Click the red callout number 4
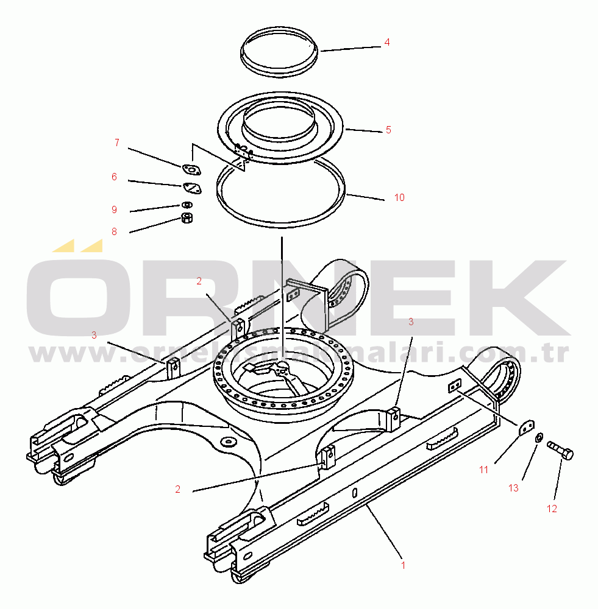387,43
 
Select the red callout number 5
388,130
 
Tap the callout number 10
399,198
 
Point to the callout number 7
117,143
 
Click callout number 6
115,177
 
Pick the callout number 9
115,209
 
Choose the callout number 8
115,232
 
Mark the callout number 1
403,566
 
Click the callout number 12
552,509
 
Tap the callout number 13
513,488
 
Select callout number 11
483,470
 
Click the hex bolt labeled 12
560,450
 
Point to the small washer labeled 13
539,438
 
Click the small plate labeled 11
527,428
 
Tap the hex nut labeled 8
187,218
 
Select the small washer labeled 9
187,204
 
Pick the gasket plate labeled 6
192,188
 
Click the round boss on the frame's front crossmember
227,442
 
